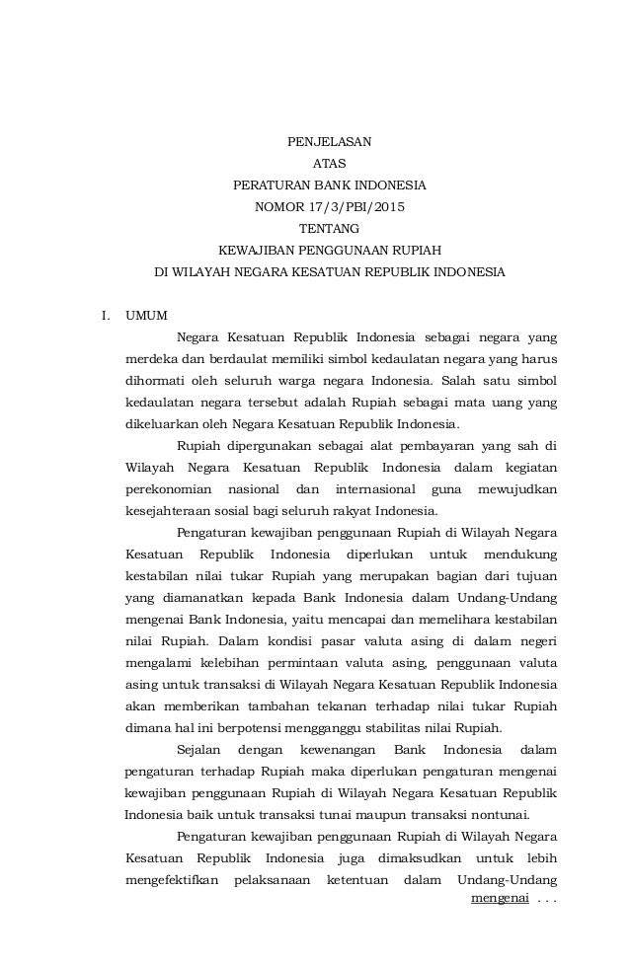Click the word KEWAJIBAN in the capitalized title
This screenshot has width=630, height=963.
(x=251, y=251)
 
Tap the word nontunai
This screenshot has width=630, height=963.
(x=496, y=816)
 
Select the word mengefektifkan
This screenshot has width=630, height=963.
(x=171, y=881)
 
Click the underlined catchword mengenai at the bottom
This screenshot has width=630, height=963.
(x=500, y=900)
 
